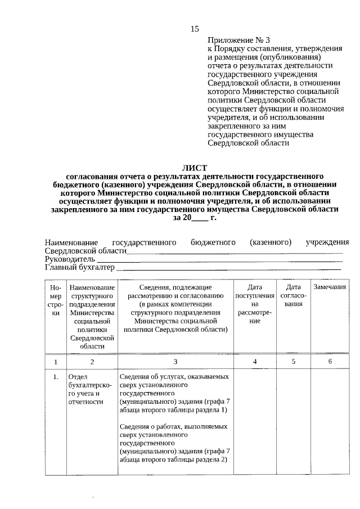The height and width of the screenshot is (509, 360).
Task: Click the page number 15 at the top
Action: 195,29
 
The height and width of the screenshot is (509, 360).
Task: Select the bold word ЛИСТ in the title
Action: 195,168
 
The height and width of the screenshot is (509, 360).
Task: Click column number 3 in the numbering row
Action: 175,362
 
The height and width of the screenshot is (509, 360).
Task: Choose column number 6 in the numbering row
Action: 330,362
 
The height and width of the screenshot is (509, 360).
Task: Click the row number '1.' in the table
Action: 55,377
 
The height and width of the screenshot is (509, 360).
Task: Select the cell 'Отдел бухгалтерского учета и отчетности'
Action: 90,390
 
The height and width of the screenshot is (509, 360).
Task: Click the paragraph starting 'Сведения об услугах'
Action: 175,394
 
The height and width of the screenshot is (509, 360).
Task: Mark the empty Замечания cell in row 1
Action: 330,422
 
